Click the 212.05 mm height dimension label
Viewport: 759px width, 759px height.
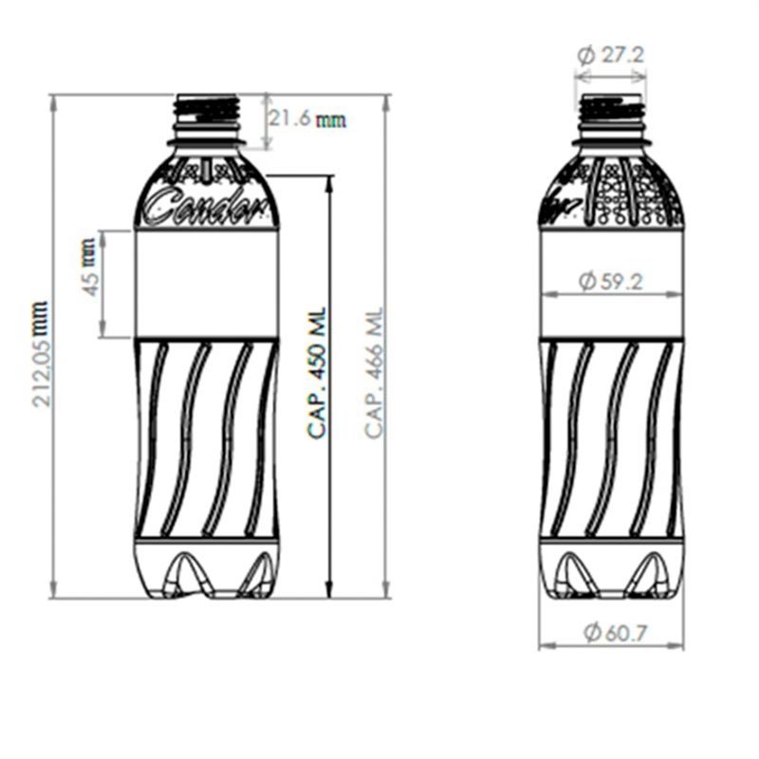click(x=40, y=353)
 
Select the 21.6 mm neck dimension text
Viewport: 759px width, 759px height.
click(x=306, y=120)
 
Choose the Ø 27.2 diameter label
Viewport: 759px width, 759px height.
click(x=611, y=55)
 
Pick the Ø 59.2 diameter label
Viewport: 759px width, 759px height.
click(x=611, y=281)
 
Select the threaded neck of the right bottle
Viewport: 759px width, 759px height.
click(x=612, y=111)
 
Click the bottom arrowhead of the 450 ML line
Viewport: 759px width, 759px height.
click(x=329, y=592)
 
